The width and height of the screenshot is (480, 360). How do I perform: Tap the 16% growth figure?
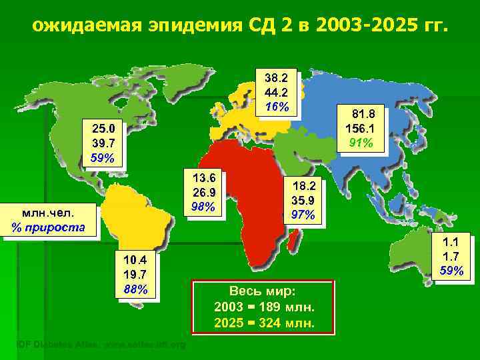point(276,106)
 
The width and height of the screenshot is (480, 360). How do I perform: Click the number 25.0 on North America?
point(103,129)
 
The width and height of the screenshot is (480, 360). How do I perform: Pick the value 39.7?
point(103,143)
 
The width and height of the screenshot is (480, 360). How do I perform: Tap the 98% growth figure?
point(203,207)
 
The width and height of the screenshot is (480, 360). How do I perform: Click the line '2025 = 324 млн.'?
point(263,323)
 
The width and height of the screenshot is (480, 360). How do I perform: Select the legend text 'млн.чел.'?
point(48,213)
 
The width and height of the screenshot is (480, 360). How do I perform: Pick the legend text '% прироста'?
point(48,228)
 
